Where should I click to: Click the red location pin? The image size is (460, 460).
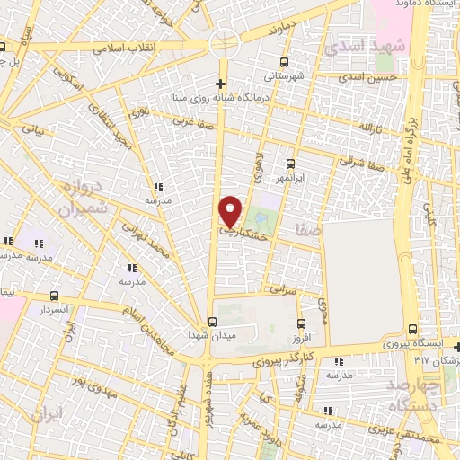click(x=231, y=210)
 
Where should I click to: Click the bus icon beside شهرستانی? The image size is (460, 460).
click(x=285, y=62)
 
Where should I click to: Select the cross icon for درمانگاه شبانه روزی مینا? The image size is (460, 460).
click(x=220, y=83)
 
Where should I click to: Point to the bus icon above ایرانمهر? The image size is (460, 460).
click(x=290, y=164)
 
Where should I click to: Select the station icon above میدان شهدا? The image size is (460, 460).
click(x=213, y=321)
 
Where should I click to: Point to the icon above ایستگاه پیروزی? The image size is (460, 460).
click(x=411, y=330)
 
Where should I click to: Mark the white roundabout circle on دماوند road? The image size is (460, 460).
click(x=224, y=43)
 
